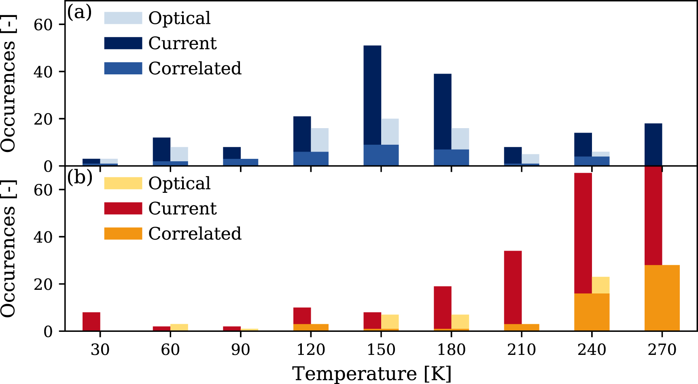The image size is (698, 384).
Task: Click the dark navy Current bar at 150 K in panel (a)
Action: (372, 95)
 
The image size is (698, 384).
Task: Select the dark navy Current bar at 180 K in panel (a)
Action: (442, 111)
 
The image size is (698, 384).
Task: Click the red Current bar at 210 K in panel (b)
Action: (513, 287)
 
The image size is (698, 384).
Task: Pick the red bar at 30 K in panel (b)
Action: (91, 321)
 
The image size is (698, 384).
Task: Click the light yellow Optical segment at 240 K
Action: (600, 285)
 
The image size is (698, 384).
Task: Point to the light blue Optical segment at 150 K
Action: (390, 131)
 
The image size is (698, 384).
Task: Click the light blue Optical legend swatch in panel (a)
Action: (123, 18)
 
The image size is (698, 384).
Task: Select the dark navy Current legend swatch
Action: (123, 43)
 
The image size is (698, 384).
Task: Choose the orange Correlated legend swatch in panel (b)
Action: (123, 234)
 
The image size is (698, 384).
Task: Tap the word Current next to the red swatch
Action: (182, 209)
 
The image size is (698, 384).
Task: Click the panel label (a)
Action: (79, 12)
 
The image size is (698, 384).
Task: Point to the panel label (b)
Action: (79, 177)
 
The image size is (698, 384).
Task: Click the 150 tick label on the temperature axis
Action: (381, 350)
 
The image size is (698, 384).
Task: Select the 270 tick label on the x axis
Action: (662, 350)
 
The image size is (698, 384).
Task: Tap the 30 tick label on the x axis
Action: (100, 350)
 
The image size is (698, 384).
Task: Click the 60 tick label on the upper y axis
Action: (43, 25)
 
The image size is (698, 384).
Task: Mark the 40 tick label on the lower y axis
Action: (43, 237)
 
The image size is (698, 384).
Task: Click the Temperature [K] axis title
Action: (371, 373)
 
